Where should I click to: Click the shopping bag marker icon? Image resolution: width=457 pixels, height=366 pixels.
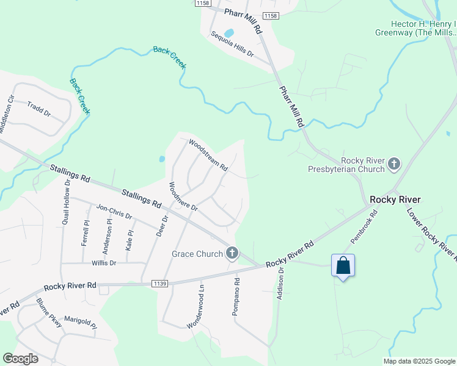coord(343,265)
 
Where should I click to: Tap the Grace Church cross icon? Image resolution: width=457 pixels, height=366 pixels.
coord(232,253)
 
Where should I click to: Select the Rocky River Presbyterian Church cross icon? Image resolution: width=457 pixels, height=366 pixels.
coord(394,163)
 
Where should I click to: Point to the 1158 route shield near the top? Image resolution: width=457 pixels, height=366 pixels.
coord(270,15)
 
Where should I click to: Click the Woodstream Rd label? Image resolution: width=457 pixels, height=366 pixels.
coord(208,155)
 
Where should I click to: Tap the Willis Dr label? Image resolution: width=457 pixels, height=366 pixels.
coord(104,263)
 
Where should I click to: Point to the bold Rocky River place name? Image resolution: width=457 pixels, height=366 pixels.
coord(395,199)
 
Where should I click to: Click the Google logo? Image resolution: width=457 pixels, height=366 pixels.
coord(20,358)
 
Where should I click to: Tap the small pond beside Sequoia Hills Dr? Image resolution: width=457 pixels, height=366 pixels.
coord(229,32)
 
